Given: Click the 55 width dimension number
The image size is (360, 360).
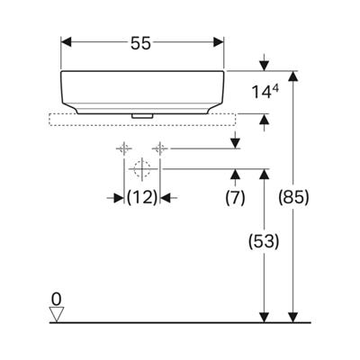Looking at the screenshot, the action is click(x=140, y=44).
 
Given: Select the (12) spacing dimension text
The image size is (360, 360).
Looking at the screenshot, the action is click(x=142, y=197).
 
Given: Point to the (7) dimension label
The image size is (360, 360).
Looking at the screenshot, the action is click(x=235, y=197).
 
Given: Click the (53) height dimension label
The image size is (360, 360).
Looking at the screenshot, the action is click(x=264, y=241).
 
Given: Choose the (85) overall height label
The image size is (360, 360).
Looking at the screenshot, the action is click(x=293, y=197).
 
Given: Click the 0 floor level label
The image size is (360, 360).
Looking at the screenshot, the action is click(x=56, y=299).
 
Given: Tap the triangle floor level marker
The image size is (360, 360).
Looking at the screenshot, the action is click(x=57, y=314).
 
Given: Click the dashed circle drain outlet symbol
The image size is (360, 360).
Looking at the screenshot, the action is click(x=142, y=169).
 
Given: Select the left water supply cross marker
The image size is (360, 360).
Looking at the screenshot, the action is click(x=124, y=148).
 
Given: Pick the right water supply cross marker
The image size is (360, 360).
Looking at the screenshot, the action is click(x=160, y=148).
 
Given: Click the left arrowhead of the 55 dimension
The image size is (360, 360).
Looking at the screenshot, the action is click(x=66, y=42).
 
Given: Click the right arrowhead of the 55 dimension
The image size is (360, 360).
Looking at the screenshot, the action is click(x=219, y=42).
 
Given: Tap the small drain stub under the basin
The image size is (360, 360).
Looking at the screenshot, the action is click(x=142, y=116).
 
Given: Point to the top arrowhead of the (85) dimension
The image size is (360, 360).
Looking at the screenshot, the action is click(x=292, y=76).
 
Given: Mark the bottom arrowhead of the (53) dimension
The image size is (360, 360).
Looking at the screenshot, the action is click(x=264, y=318).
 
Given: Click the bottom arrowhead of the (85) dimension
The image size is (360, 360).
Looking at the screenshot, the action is click(x=292, y=318).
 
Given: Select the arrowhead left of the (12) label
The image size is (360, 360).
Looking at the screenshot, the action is click(x=119, y=198).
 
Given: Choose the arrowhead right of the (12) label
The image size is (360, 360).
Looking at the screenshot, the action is click(x=165, y=198).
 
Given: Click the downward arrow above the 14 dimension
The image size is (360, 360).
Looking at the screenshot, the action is click(x=264, y=62).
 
